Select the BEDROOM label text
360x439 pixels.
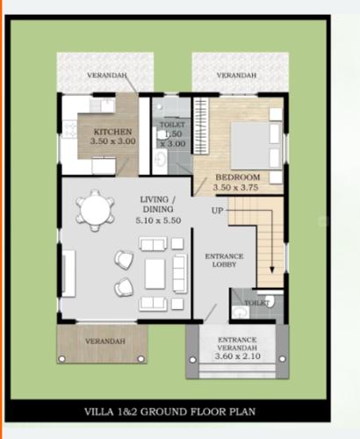pos(237,177)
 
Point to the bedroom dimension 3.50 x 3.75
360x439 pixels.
pos(237,187)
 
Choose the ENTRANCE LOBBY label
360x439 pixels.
pos(224,261)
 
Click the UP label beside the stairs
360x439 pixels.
pos(217,211)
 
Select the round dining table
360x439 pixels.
pos(94,210)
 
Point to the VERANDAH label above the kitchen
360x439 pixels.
pos(105,76)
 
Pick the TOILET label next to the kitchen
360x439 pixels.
pos(171,126)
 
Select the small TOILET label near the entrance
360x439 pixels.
pos(256,303)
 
